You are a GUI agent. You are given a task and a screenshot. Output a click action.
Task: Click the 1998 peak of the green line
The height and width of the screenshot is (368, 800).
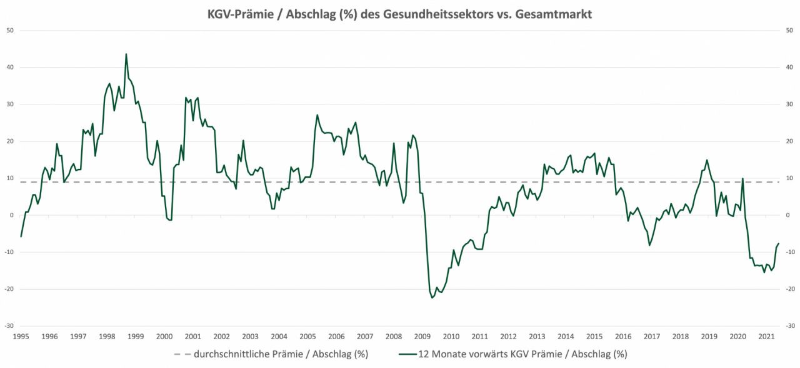click(126, 54)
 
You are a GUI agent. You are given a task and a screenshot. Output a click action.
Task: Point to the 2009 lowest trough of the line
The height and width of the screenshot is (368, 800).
click(432, 298)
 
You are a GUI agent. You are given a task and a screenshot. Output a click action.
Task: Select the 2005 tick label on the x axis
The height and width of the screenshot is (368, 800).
click(307, 336)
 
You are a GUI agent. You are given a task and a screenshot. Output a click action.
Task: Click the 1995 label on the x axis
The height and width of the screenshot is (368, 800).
click(21, 336)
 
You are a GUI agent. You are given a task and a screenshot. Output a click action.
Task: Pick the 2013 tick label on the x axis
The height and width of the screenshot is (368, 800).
click(537, 336)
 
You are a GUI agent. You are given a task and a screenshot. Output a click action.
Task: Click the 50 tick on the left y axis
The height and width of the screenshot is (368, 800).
click(10, 30)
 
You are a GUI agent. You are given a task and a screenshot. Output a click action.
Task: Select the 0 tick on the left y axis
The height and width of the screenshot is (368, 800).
click(12, 215)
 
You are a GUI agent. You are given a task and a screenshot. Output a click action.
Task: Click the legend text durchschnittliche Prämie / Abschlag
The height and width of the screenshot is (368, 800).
click(281, 354)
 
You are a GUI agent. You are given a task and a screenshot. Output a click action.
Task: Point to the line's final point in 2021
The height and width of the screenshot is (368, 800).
click(779, 243)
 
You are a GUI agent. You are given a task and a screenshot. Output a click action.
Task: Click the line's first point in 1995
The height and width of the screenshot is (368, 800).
click(21, 237)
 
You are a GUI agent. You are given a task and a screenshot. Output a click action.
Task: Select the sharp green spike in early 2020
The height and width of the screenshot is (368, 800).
click(742, 179)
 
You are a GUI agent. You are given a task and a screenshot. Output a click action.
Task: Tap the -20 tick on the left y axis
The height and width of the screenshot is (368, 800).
click(10, 289)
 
